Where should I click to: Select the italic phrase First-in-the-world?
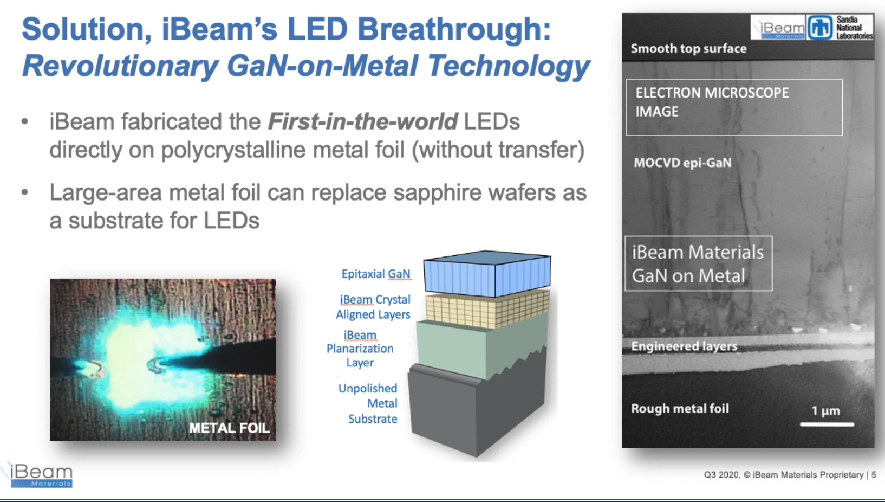pos(363,121)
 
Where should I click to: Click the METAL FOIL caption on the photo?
pos(229,428)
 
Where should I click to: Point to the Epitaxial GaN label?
pos(376,274)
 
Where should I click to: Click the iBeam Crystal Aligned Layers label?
pos(373,307)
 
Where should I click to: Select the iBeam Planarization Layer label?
pos(360,349)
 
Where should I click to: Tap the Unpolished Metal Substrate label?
pos(368,403)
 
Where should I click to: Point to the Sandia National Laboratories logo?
pos(840,27)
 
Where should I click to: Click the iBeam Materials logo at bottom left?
pos(41,475)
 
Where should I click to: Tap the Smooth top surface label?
pos(688,49)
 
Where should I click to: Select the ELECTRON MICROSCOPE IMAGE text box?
pos(734,107)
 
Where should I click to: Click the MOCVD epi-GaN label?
pos(683,163)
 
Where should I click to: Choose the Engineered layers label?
pos(684,346)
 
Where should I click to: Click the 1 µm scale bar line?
pos(827,424)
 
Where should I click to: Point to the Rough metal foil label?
pos(680,408)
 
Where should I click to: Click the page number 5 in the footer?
pos(874,475)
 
